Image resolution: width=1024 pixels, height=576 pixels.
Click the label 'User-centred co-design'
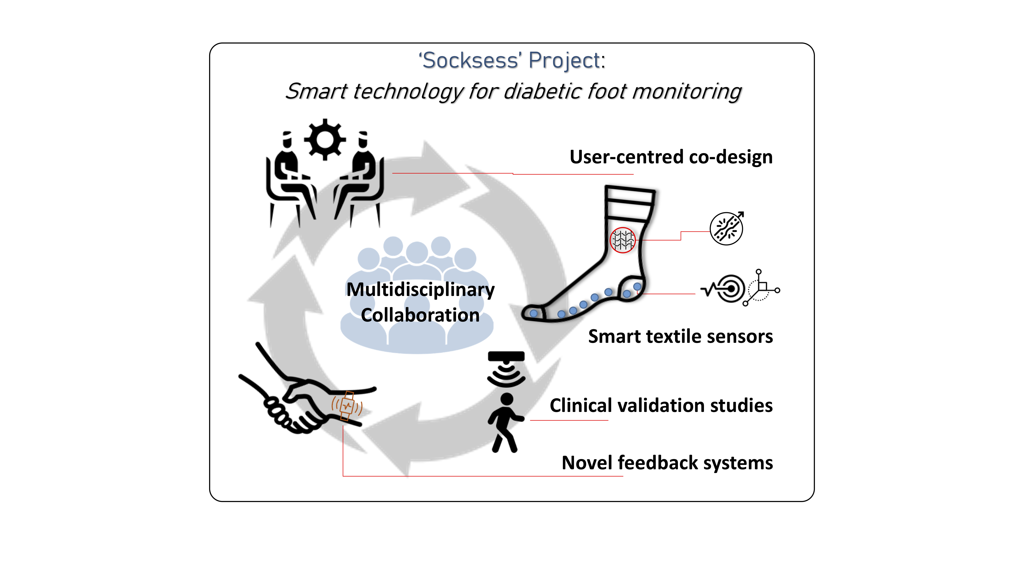pyautogui.click(x=671, y=157)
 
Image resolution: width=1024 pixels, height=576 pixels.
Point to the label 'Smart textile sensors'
pyautogui.click(x=680, y=336)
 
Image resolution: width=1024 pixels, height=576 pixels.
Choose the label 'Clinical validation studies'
pyautogui.click(x=661, y=406)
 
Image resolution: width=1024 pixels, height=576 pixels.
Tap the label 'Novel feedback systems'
pyautogui.click(x=667, y=463)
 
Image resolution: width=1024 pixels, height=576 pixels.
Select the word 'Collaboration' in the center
pyautogui.click(x=420, y=315)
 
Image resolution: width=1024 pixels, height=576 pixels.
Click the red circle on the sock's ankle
pyautogui.click(x=623, y=240)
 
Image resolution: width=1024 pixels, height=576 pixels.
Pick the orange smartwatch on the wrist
pyautogui.click(x=347, y=406)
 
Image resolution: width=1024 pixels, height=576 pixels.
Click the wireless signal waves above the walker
pyautogui.click(x=506, y=375)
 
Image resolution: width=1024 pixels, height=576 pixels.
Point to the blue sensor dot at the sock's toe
pyautogui.click(x=534, y=313)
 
